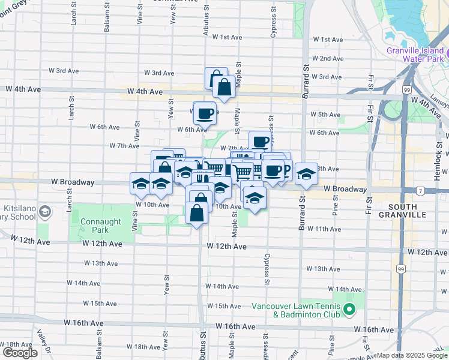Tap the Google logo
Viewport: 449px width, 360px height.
pos(20,353)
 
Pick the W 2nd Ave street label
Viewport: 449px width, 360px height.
pos(328,59)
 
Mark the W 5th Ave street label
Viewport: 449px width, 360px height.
pos(325,115)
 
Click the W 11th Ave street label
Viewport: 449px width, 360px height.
pos(324,229)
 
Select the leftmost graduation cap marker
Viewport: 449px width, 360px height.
pos(140,184)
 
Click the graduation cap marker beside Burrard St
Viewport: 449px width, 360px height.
pos(306,174)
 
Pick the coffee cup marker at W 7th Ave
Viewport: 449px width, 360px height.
pos(260,142)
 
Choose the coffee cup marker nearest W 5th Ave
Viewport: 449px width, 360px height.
pos(204,112)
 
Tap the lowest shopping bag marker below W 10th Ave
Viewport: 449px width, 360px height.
pos(197,213)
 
